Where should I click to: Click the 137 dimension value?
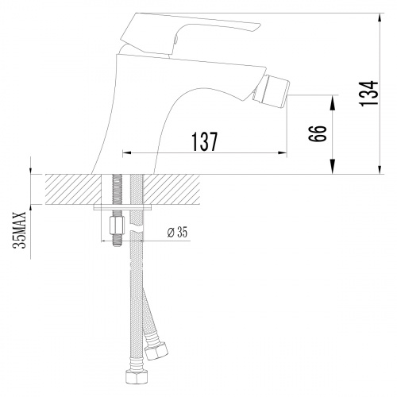pyautogui.click(x=204, y=141)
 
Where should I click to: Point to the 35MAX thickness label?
pyautogui.click(x=21, y=229)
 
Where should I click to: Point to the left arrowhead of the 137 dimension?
pyautogui.click(x=125, y=153)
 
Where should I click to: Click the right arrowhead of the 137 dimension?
pyautogui.click(x=286, y=153)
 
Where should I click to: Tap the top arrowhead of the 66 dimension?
pyautogui.click(x=332, y=98)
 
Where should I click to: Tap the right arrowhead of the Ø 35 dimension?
pyautogui.click(x=143, y=240)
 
